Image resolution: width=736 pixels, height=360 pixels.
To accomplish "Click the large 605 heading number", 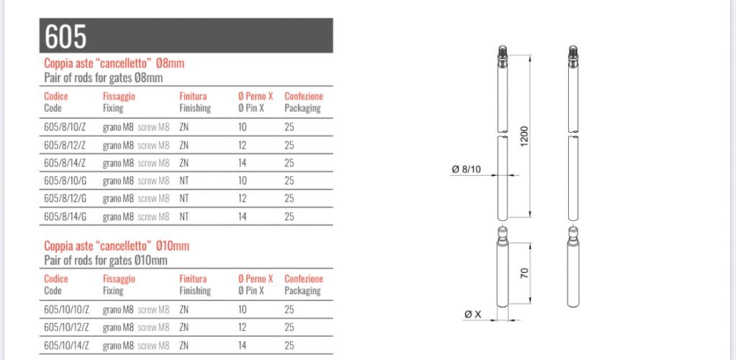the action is tap(65, 36).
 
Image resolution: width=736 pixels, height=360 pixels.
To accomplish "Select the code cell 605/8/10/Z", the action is tap(65, 127).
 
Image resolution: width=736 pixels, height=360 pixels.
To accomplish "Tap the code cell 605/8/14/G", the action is tap(65, 216).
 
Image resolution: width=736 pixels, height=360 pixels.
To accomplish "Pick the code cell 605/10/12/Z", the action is tap(67, 328).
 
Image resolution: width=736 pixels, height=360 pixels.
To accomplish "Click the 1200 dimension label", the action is tap(524, 136).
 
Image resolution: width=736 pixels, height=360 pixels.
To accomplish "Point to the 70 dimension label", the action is tap(525, 273).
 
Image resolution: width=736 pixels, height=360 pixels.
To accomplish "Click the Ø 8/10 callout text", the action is tap(466, 170).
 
